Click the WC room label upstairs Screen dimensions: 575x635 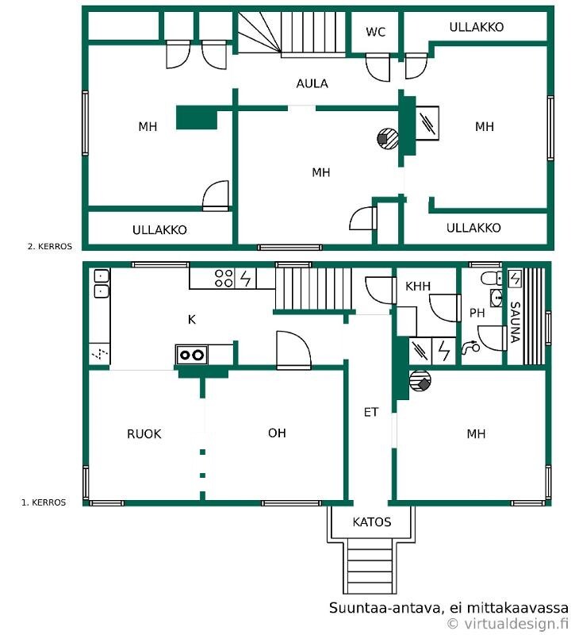[375, 32]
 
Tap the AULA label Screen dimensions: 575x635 [312, 83]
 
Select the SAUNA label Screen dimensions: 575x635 [514, 322]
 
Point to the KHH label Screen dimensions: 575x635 [418, 287]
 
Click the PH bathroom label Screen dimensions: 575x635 [477, 313]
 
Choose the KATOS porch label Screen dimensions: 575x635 [371, 521]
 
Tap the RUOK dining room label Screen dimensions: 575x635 [144, 433]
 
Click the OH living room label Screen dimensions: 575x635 [277, 433]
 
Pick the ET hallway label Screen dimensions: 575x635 [370, 412]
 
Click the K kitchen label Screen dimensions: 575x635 [192, 320]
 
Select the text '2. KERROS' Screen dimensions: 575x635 [50, 246]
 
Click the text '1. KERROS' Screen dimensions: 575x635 [44, 502]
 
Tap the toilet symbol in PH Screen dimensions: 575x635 [492, 279]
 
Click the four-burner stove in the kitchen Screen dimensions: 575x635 [224, 278]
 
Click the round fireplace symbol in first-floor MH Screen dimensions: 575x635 [420, 381]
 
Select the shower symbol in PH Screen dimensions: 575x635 [470, 347]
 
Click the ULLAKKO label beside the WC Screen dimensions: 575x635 [477, 27]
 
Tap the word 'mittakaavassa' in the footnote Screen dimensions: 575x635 [518, 607]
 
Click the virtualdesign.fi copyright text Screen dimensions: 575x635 [508, 624]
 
